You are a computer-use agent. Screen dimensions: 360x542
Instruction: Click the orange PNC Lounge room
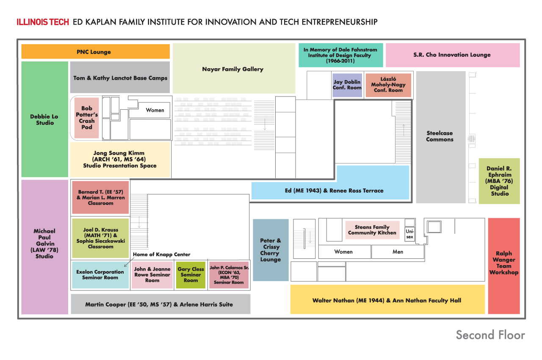[95, 52]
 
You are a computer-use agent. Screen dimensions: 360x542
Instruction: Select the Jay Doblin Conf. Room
[347, 85]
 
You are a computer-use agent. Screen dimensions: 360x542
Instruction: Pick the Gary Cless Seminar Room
[191, 275]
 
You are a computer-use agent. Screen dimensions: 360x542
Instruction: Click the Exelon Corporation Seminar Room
[100, 275]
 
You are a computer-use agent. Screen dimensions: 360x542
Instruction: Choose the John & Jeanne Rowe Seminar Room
[152, 275]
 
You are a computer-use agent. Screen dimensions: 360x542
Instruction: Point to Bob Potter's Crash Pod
[86, 118]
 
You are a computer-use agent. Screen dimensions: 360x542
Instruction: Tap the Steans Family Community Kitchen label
[372, 230]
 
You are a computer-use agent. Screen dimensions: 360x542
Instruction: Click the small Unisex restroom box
[409, 234]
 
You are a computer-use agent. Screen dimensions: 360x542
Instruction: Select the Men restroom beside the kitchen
[398, 252]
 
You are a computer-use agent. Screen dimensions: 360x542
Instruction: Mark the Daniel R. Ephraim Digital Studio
[499, 181]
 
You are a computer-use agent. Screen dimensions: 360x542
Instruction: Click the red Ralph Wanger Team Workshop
[503, 266]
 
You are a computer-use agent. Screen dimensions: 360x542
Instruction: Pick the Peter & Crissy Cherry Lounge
[271, 250]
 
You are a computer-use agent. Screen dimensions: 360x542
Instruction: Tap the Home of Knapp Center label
[162, 255]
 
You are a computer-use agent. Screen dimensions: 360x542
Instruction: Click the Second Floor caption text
[490, 335]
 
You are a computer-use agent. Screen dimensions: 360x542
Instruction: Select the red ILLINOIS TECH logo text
[43, 22]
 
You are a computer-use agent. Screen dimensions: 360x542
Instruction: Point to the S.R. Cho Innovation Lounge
[452, 55]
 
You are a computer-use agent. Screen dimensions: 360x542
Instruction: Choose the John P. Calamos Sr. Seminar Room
[229, 275]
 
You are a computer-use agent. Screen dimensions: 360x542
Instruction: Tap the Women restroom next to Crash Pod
[155, 110]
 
